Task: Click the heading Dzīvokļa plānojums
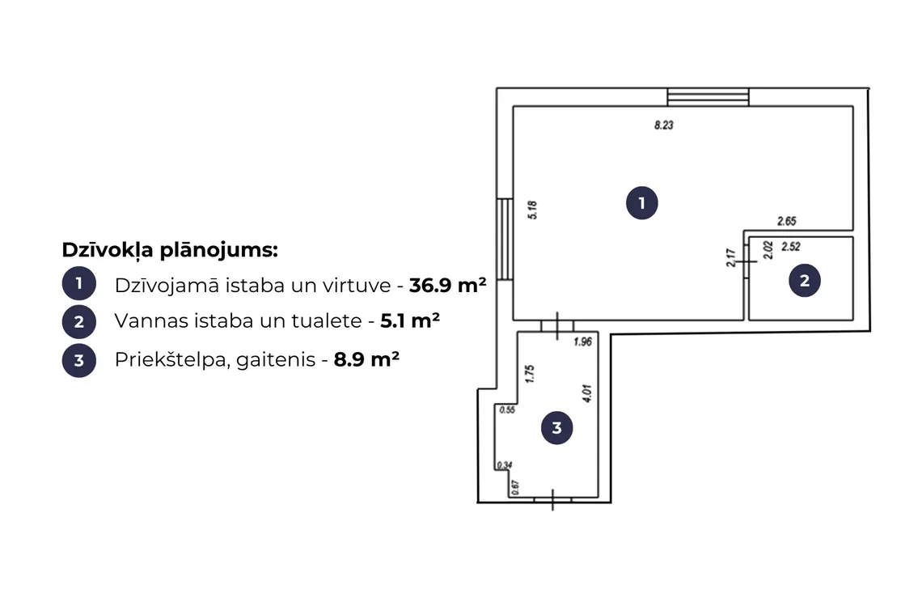pyautogui.click(x=170, y=250)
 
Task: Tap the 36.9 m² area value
pyautogui.click(x=448, y=285)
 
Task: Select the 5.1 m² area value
pyautogui.click(x=410, y=320)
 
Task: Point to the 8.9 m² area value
pyautogui.click(x=366, y=359)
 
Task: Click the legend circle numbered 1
pyautogui.click(x=78, y=284)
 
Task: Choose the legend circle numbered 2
pyautogui.click(x=78, y=321)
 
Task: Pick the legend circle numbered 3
pyautogui.click(x=78, y=360)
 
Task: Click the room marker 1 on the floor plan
pyautogui.click(x=641, y=203)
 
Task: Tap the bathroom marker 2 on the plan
pyautogui.click(x=805, y=281)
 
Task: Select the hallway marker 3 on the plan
pyautogui.click(x=557, y=428)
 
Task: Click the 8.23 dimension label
pyautogui.click(x=664, y=125)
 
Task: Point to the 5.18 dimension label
pyautogui.click(x=533, y=210)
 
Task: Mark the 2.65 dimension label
pyautogui.click(x=787, y=221)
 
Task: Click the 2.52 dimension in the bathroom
pyautogui.click(x=791, y=247)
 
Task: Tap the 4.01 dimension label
pyautogui.click(x=587, y=393)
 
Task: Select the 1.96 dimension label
pyautogui.click(x=582, y=341)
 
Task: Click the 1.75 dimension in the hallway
pyautogui.click(x=530, y=374)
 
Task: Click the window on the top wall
pyautogui.click(x=708, y=97)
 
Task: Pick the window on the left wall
pyautogui.click(x=505, y=239)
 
